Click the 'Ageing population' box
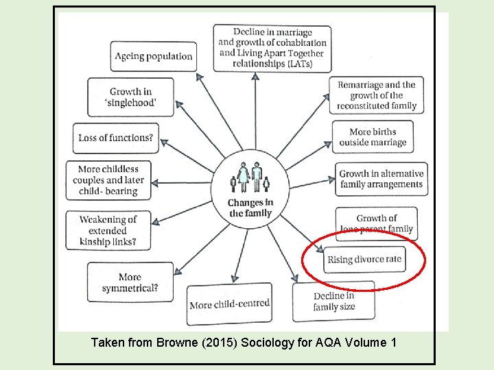154,56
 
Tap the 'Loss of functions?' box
115,138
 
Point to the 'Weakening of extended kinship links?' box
108,230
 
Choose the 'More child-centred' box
229,304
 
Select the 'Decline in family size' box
334,301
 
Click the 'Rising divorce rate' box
364,260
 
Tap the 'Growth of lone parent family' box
376,223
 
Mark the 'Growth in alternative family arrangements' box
381,179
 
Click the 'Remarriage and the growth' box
376,95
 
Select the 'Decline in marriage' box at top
272,47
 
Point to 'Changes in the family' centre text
250,208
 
